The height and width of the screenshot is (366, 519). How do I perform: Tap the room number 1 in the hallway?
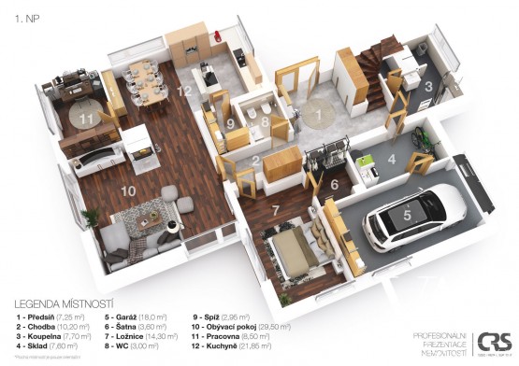pyautogui.click(x=319, y=114)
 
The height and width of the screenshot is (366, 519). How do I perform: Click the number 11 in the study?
pyautogui.click(x=86, y=119)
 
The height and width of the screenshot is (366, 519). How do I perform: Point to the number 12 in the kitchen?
pyautogui.click(x=187, y=91)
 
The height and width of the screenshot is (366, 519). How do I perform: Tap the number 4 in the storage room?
pyautogui.click(x=393, y=159)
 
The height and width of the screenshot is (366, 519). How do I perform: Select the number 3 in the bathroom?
pyautogui.click(x=428, y=85)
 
